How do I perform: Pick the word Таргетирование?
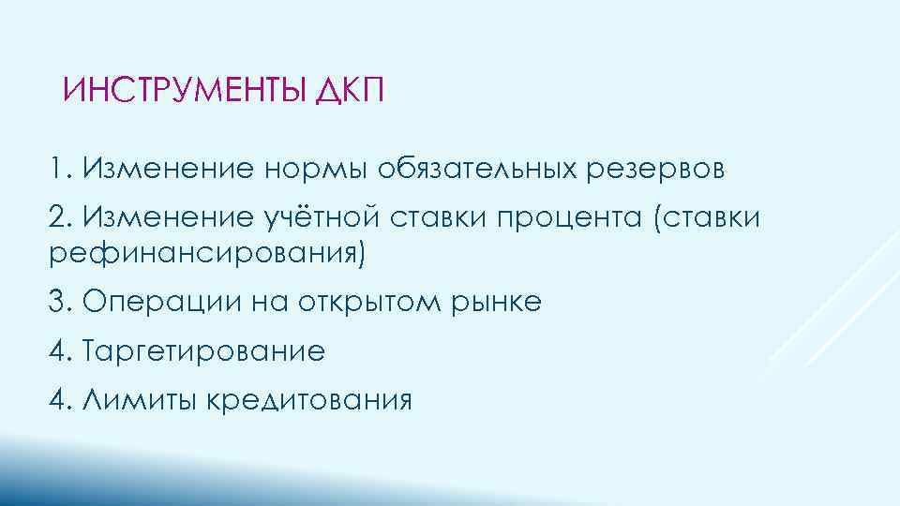click(x=203, y=352)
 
